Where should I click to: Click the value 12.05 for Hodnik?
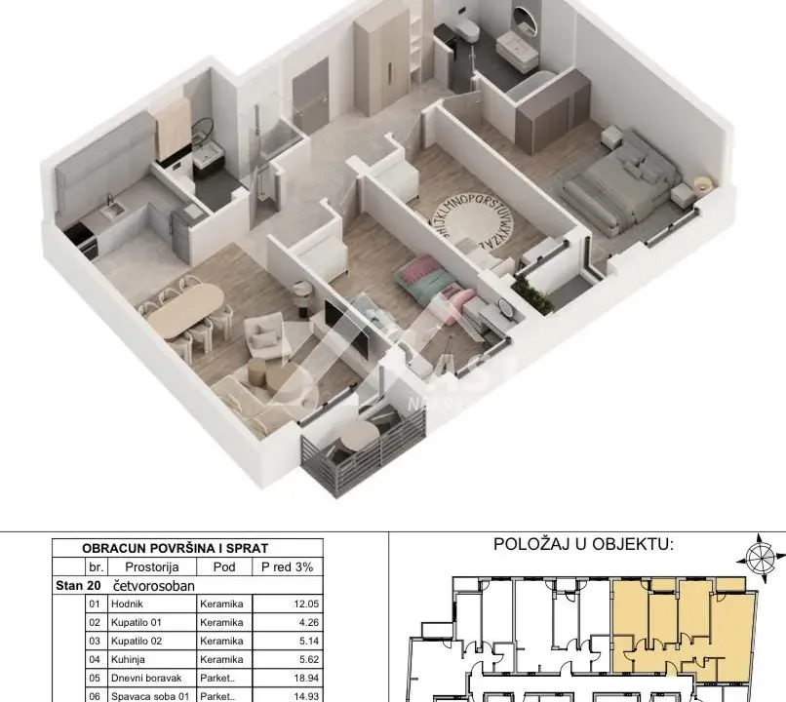pyautogui.click(x=304, y=604)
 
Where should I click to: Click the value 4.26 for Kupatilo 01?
pyautogui.click(x=307, y=623)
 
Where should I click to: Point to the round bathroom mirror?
pyautogui.click(x=524, y=19)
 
